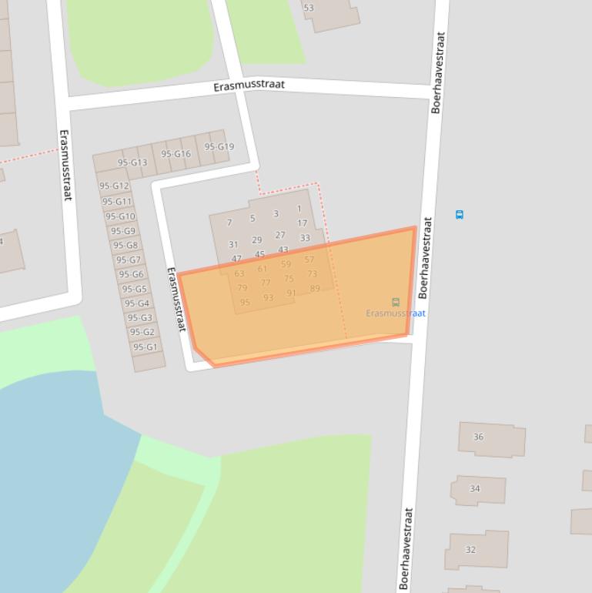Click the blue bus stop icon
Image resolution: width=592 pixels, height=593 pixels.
(x=460, y=215)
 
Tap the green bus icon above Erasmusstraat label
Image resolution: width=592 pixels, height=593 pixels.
(x=396, y=303)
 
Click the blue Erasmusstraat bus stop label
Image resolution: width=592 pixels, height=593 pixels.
(x=396, y=313)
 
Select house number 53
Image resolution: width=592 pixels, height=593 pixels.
(x=309, y=8)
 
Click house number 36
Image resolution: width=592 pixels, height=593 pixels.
(x=478, y=437)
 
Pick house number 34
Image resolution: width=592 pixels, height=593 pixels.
(x=475, y=488)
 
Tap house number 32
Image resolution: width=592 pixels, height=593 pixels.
(x=470, y=550)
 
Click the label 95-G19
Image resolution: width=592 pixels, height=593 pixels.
(x=219, y=147)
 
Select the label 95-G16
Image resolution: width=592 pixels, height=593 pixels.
(x=176, y=154)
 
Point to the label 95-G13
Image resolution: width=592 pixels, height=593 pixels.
(x=132, y=162)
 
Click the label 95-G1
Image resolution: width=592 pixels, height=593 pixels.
(x=145, y=347)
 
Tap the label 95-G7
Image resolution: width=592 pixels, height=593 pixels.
(x=129, y=260)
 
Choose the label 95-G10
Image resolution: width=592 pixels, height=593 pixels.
(x=121, y=216)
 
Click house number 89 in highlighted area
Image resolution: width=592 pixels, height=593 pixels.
(x=315, y=289)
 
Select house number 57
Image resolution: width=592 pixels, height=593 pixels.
(x=309, y=260)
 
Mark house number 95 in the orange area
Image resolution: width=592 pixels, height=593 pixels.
(x=245, y=303)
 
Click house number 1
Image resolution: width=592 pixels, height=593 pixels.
(x=299, y=209)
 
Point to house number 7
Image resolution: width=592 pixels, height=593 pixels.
(x=229, y=223)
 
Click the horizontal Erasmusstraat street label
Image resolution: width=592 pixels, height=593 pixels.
(x=249, y=86)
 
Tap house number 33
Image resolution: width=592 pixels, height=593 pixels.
(x=305, y=239)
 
